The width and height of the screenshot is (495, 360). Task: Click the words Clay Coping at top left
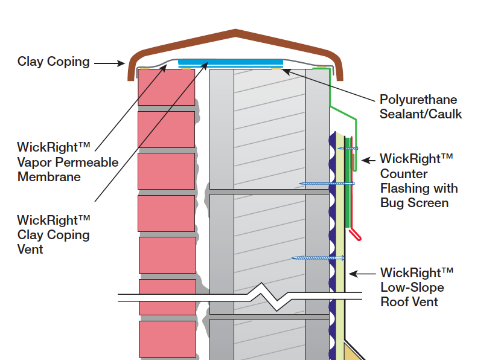(x=53, y=62)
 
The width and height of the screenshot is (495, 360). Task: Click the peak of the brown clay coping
(x=235, y=31)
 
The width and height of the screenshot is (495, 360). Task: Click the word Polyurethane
(x=418, y=100)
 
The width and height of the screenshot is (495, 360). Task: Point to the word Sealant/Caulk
(x=421, y=114)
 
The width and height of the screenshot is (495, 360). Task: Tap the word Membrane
(x=49, y=177)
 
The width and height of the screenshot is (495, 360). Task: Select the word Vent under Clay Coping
(x=30, y=249)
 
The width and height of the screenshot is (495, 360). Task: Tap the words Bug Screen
(x=414, y=203)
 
